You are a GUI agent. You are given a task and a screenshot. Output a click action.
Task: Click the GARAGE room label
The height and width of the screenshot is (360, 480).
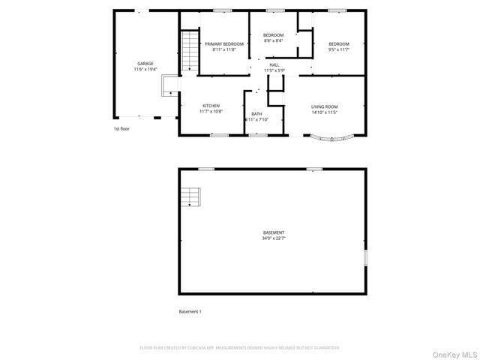[x=145, y=63]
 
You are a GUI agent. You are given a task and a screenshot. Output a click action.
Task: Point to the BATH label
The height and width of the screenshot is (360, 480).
[x=256, y=114]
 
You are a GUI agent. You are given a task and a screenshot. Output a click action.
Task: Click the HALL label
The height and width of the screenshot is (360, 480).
[x=274, y=64]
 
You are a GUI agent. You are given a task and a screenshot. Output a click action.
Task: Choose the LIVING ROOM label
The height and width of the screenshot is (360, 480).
[x=325, y=106]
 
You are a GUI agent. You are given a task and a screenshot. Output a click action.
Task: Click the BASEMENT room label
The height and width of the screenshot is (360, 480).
[x=273, y=232]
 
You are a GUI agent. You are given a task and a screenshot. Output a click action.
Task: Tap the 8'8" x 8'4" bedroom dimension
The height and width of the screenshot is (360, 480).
[x=273, y=42]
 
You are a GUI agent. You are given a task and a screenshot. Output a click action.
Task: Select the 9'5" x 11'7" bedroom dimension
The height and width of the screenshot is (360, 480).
[x=339, y=50]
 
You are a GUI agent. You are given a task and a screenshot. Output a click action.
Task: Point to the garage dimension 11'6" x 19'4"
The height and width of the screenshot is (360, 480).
[x=145, y=69]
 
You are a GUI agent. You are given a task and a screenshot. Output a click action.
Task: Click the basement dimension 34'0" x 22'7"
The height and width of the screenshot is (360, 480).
[x=273, y=238]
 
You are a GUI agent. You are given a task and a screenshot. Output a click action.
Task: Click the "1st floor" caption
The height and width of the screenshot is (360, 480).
[x=121, y=128]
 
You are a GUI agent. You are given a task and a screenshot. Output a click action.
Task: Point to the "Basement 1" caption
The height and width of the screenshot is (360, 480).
[x=190, y=311]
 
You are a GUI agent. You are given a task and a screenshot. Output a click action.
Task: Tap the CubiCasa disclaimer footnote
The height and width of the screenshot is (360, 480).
[x=240, y=347]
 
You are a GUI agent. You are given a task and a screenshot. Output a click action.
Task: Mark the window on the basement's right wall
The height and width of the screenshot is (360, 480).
[x=365, y=256]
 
